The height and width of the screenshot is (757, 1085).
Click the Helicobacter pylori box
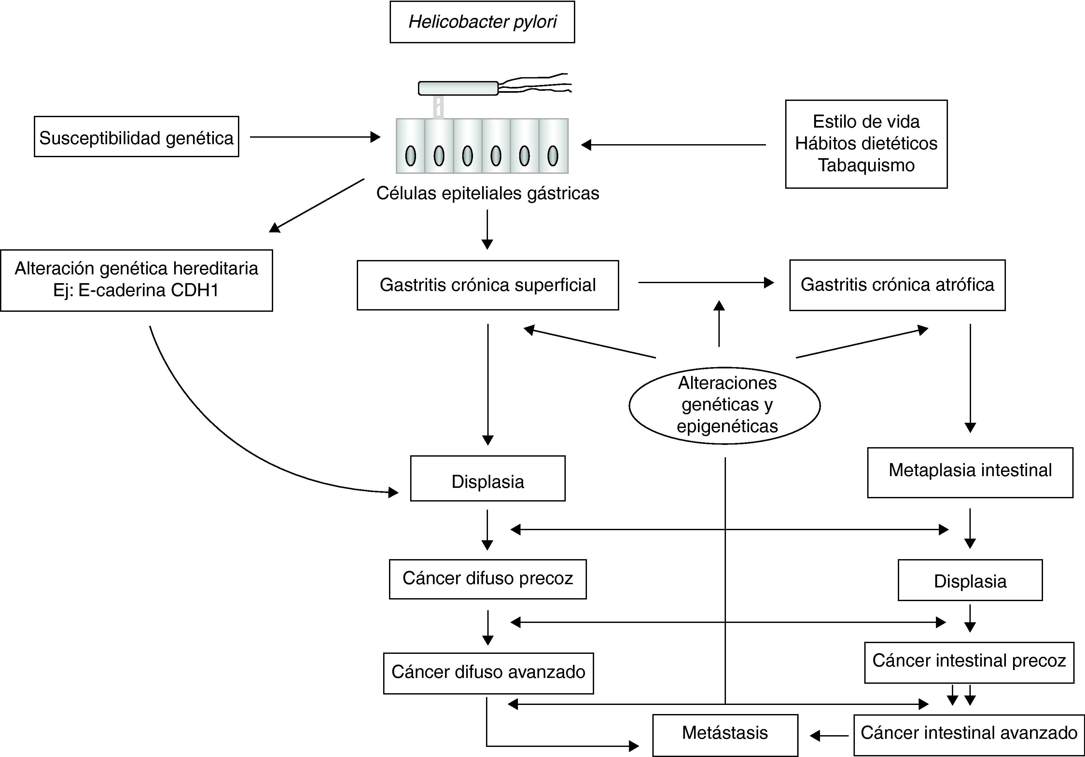[482, 22]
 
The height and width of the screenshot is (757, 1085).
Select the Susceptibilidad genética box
[136, 137]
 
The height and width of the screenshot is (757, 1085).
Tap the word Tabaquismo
[866, 165]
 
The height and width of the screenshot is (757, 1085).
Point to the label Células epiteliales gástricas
[487, 193]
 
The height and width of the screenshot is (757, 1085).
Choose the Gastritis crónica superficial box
[488, 285]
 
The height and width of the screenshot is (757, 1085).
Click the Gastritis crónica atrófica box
[897, 285]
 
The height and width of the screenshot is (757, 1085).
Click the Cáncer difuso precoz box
[488, 579]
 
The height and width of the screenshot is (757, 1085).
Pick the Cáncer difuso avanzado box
[488, 673]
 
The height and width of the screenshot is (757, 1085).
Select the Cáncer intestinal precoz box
[969, 662]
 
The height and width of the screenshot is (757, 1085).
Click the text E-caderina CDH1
[136, 290]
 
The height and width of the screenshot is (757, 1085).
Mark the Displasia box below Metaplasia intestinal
[970, 581]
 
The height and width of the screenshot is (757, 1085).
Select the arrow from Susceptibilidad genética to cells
[315, 137]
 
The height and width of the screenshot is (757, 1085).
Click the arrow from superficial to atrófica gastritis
[705, 282]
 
